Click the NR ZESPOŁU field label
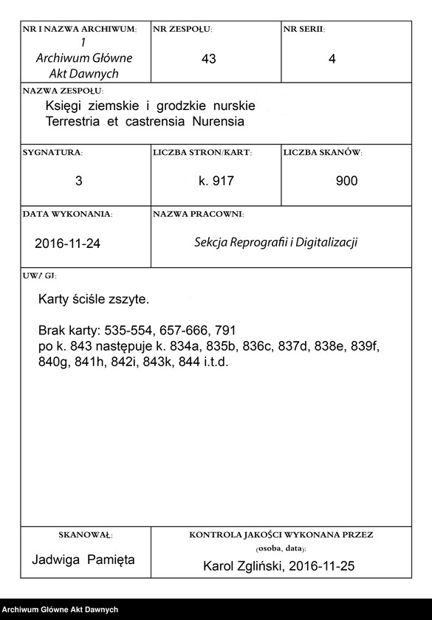tap(182, 30)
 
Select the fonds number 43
tap(208, 59)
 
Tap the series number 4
tap(332, 59)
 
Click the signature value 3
tap(79, 181)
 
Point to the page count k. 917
tap(216, 181)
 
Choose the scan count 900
tap(346, 181)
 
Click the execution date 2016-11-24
tap(67, 244)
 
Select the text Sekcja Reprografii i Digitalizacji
tap(275, 242)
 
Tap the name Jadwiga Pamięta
tap(83, 559)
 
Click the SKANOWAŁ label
tap(84, 534)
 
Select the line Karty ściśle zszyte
tap(93, 300)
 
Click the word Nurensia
tap(217, 120)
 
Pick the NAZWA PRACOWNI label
tap(198, 214)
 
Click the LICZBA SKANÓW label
tap(322, 152)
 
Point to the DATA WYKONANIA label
tap(67, 214)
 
